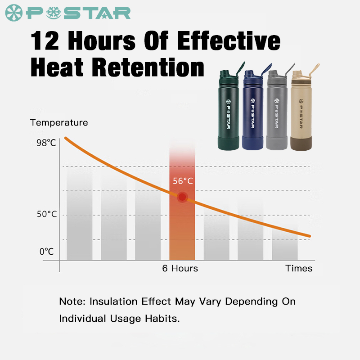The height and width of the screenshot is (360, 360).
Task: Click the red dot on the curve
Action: pyautogui.click(x=182, y=197)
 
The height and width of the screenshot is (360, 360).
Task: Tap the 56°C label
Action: pyautogui.click(x=183, y=181)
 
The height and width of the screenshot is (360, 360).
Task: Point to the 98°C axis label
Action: pyautogui.click(x=46, y=143)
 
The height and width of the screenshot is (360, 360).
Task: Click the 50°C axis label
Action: pyautogui.click(x=47, y=214)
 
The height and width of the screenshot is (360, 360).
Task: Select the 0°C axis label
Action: pyautogui.click(x=46, y=252)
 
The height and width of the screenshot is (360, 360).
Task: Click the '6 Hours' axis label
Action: pyautogui.click(x=180, y=269)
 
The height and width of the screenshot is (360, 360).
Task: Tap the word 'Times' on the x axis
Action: pyautogui.click(x=299, y=269)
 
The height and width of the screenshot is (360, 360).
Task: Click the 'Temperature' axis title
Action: pyautogui.click(x=59, y=122)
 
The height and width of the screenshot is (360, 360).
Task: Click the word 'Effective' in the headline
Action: pyautogui.click(x=228, y=41)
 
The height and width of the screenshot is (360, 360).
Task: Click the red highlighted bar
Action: pyautogui.click(x=182, y=225)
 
